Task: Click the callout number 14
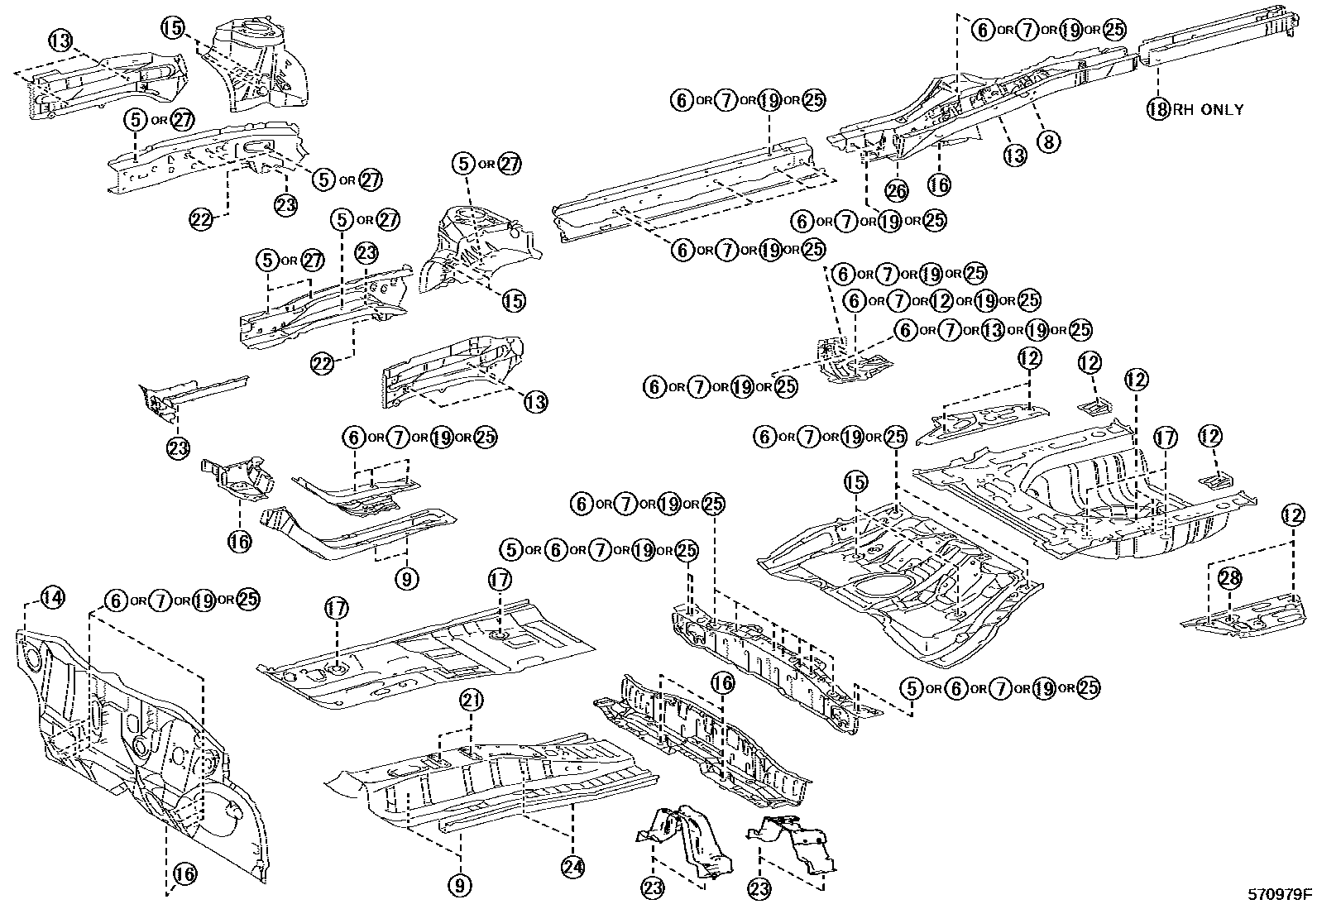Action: pos(52,597)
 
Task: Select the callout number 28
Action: pos(1229,578)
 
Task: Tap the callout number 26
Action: pos(897,191)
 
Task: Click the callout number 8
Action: pos(1048,141)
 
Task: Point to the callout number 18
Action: pos(1157,108)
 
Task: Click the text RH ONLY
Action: pos(1208,108)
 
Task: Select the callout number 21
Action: pos(471,701)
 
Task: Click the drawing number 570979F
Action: pos(1281,894)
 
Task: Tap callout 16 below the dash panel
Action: pos(185,873)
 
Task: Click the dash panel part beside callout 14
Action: pos(141,744)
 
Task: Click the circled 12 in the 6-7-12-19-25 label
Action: pos(941,300)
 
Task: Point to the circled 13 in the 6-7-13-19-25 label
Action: pos(993,330)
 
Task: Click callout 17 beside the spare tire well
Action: pos(1165,438)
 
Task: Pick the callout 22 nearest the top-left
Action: pos(201,219)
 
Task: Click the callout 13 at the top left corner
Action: pos(60,39)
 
